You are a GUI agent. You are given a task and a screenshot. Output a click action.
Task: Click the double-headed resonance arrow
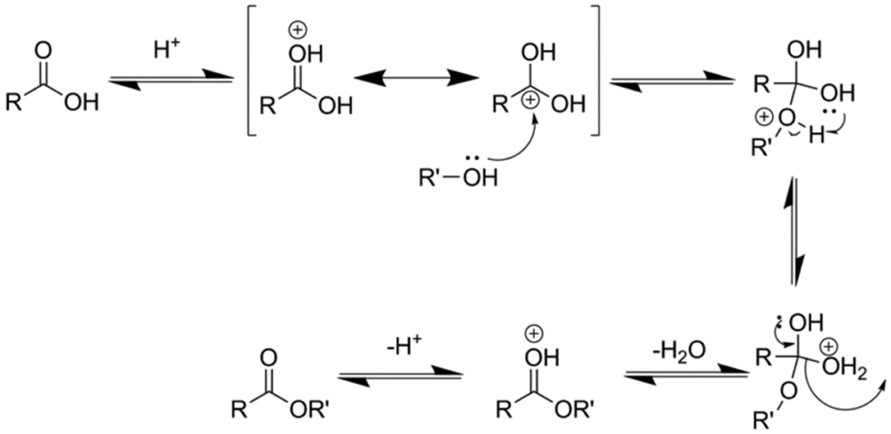(415, 79)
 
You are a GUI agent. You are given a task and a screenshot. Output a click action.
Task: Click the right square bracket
(593, 70)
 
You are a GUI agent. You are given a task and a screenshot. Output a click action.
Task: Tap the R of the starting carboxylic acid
(13, 104)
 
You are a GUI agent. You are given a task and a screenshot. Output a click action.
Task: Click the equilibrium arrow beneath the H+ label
(171, 79)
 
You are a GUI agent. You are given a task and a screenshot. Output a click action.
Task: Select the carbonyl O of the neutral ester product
(271, 358)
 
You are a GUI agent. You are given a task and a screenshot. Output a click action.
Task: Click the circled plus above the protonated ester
(533, 335)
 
